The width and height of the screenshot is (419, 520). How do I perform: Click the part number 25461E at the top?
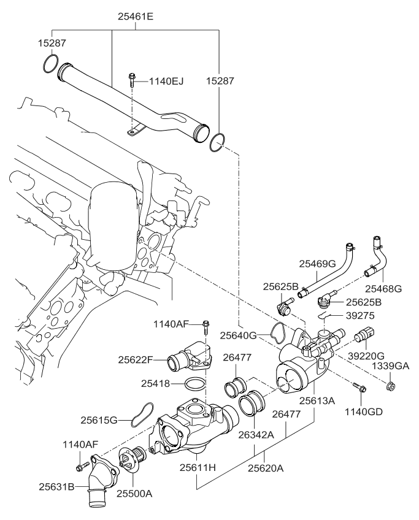pyautogui.click(x=136, y=17)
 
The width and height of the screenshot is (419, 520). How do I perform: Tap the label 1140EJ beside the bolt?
pyautogui.click(x=166, y=81)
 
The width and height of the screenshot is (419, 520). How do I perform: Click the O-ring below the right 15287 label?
pyautogui.click(x=218, y=142)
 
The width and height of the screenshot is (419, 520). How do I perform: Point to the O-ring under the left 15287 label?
pyautogui.click(x=51, y=64)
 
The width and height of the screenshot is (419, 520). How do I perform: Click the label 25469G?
pyautogui.click(x=317, y=264)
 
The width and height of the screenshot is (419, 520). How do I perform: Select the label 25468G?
pyautogui.click(x=383, y=289)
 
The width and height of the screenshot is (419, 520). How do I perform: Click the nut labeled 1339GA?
pyautogui.click(x=390, y=386)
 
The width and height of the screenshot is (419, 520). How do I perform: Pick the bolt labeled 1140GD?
pyautogui.click(x=359, y=388)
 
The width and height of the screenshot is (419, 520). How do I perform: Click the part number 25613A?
pyautogui.click(x=317, y=400)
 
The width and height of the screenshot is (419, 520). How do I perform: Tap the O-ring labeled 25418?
pyautogui.click(x=194, y=384)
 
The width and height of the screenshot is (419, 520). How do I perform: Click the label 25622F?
pyautogui.click(x=136, y=360)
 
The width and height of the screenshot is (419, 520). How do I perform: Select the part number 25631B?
pyautogui.click(x=56, y=487)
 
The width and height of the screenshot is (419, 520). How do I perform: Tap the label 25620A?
pyautogui.click(x=266, y=468)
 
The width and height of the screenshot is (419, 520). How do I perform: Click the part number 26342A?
pyautogui.click(x=256, y=434)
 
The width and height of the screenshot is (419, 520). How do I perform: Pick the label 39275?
pyautogui.click(x=360, y=316)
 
